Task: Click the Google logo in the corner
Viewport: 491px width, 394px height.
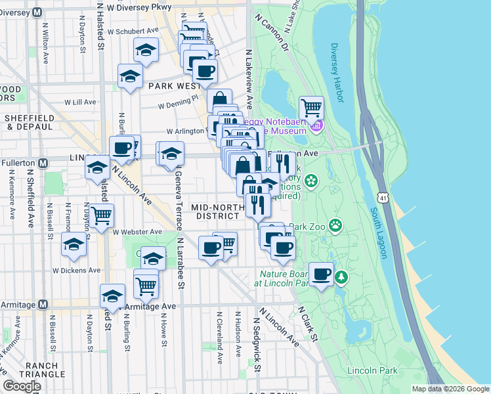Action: coord(22,386)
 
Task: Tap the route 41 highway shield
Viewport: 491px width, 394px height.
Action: coord(381,196)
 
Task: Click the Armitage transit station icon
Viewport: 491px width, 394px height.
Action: coord(43,305)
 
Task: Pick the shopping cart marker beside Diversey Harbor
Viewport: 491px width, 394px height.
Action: coord(311,107)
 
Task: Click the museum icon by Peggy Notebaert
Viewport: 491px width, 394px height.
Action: coord(317,125)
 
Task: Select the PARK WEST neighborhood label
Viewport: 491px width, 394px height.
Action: coord(175,86)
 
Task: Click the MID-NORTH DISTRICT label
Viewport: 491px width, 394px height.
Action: coord(214,211)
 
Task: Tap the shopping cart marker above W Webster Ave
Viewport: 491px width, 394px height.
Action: coord(101,215)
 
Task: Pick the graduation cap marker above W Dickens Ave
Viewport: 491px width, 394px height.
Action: coord(74,246)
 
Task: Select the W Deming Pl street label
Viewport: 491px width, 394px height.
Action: coord(177,104)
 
